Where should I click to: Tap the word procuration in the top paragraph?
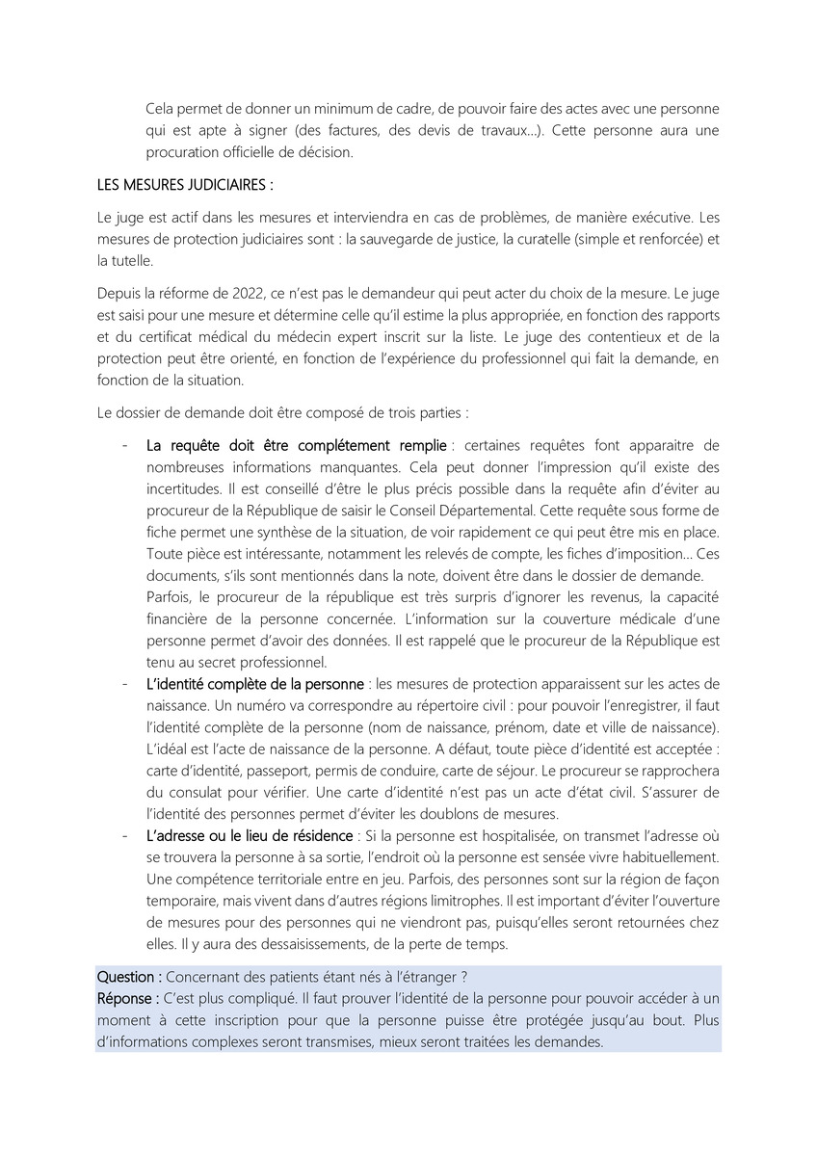click(x=187, y=152)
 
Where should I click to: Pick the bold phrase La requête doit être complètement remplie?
click(x=296, y=445)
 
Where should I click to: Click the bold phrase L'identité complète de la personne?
click(x=255, y=684)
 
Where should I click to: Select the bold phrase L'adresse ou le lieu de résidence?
click(x=250, y=834)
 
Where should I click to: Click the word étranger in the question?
click(x=423, y=977)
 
